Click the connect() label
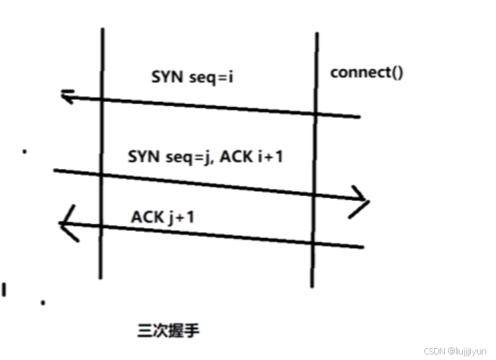[367, 72]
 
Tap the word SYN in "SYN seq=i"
[167, 77]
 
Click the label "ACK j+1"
[162, 217]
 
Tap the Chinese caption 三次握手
[169, 329]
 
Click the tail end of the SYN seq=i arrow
[359, 117]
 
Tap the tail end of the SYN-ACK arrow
[55, 170]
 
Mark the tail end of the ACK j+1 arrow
[363, 247]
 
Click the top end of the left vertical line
[103, 30]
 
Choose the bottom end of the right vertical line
[312, 286]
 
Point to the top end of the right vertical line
[315, 33]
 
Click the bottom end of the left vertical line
[100, 278]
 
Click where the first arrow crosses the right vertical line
[315, 113]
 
